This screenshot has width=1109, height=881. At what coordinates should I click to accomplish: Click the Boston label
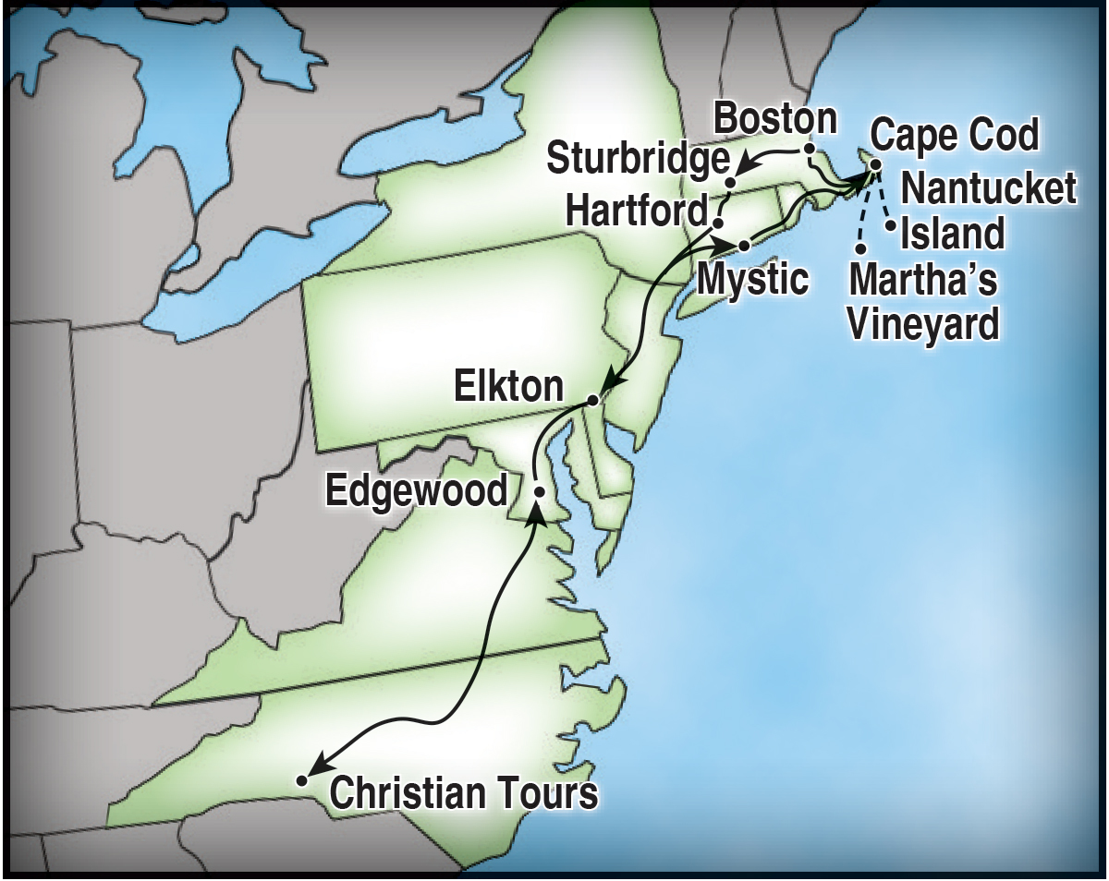(x=775, y=119)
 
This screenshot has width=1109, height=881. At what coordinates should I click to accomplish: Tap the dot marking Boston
(x=809, y=149)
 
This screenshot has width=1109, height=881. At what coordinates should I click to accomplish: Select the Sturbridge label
(x=637, y=160)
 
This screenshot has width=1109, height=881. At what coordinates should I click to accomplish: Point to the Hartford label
(x=636, y=209)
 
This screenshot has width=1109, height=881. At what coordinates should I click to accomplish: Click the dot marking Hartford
(x=717, y=223)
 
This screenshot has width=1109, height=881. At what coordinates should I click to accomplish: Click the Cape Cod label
(x=955, y=136)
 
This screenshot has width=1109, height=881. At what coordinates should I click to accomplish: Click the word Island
(x=952, y=234)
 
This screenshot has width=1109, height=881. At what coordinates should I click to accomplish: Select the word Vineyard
(x=923, y=324)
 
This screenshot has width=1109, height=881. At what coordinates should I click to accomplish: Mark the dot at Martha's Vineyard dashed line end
(x=861, y=248)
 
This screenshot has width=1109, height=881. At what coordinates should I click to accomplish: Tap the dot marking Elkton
(x=592, y=401)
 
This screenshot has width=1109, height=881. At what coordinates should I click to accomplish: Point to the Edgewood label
(x=417, y=490)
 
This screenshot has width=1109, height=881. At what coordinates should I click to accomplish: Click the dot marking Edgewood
(x=539, y=492)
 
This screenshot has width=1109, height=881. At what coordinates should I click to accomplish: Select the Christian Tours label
(x=464, y=793)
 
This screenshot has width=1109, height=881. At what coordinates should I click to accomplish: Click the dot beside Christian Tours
(x=301, y=780)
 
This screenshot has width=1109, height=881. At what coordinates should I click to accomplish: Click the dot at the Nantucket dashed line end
(x=890, y=224)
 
